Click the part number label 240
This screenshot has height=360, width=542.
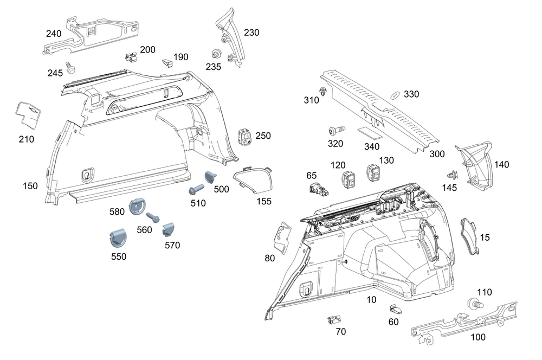pos(54,34)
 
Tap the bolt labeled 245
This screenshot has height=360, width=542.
pos(70,68)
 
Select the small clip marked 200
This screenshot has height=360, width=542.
pos(131,57)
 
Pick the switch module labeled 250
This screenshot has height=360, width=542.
pos(246,137)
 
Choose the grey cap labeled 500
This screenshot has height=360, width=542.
pos(210,177)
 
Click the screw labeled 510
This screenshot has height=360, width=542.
pos(196,189)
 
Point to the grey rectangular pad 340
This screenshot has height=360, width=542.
pos(367,133)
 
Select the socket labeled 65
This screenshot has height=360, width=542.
pos(316,189)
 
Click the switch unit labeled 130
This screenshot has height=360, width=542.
pos(374,173)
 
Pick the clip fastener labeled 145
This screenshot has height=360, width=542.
pos(450,175)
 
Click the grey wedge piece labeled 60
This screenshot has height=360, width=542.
pos(394,309)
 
